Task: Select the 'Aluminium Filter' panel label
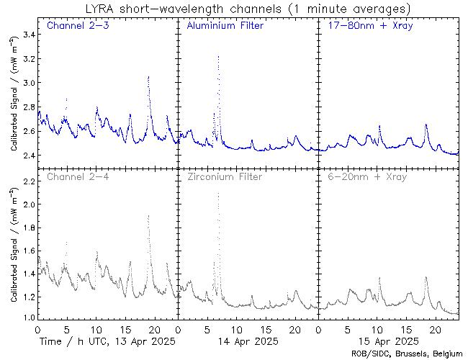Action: (225, 26)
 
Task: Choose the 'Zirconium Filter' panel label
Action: (224, 176)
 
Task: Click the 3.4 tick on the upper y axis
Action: (27, 35)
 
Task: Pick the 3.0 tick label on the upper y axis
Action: (27, 83)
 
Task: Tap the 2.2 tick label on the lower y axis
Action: (27, 181)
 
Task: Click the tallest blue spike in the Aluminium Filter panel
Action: (218, 56)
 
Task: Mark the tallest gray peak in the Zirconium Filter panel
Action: (218, 194)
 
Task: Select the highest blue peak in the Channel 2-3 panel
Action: (148, 76)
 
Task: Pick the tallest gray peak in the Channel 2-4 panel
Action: (148, 215)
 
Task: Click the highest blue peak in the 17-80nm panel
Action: (426, 124)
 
